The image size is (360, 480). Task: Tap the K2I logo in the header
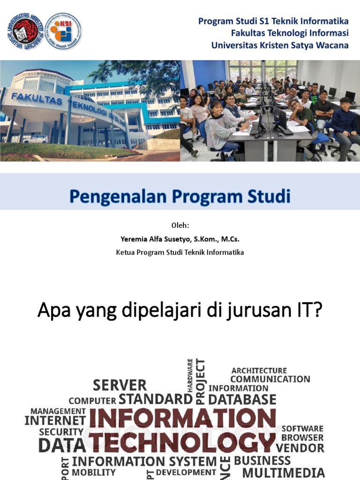click(x=63, y=31)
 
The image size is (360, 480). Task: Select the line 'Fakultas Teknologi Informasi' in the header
click(x=290, y=33)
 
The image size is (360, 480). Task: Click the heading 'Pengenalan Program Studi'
click(x=180, y=196)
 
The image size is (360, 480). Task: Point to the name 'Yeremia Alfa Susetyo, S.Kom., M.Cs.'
click(x=180, y=239)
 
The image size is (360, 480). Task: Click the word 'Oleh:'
click(x=180, y=225)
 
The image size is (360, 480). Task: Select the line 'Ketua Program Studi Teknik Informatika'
click(x=180, y=253)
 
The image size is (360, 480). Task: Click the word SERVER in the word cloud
click(x=120, y=385)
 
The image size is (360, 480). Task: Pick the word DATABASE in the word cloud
click(x=242, y=399)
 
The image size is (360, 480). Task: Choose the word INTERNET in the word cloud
click(x=55, y=420)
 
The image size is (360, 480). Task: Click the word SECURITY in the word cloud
click(x=61, y=432)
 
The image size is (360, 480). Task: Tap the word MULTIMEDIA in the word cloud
click(x=283, y=472)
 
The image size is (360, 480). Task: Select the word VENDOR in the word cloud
click(x=303, y=448)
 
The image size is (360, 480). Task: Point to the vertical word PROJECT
click(x=201, y=381)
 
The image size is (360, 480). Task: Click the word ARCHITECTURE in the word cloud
click(x=259, y=370)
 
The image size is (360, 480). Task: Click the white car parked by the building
click(x=36, y=139)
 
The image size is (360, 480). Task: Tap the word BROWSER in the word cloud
click(x=302, y=437)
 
